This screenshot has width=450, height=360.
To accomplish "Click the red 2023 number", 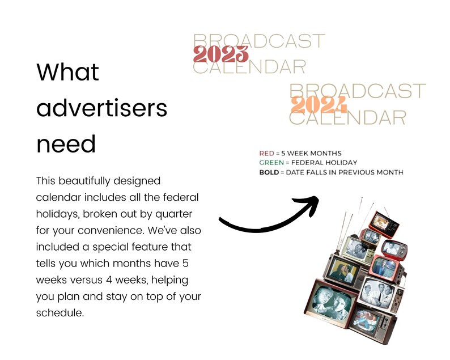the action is click(220, 54).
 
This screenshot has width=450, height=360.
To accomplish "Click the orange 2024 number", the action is click(319, 104).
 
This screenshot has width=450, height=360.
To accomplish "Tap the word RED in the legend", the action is click(266, 153).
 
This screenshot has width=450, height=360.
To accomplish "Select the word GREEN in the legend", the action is click(271, 163).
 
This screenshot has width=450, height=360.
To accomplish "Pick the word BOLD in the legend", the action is click(269, 172).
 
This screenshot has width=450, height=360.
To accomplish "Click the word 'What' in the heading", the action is click(68, 72).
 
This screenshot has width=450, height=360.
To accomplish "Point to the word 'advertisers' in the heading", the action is click(102, 108).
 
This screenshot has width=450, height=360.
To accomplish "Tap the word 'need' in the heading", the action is click(66, 144).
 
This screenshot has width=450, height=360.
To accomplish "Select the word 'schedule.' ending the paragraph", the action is click(60, 313).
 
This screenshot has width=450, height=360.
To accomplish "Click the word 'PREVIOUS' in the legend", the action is click(356, 172).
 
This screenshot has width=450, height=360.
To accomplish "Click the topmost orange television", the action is click(384, 225).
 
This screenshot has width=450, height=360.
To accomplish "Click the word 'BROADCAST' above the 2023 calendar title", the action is click(259, 41).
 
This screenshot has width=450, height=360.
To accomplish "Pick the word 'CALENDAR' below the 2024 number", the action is click(347, 118).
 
